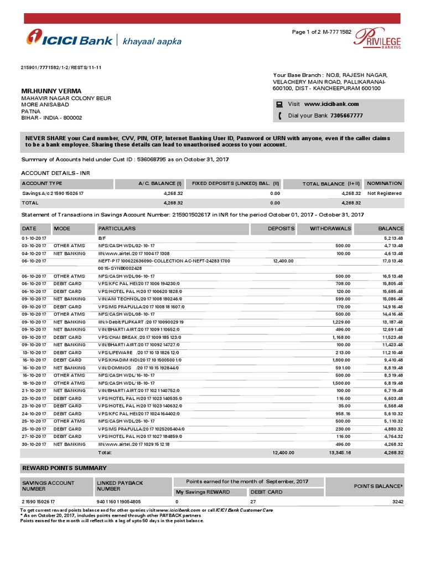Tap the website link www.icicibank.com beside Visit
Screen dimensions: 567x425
[x=331, y=104]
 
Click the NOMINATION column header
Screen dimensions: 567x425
[x=385, y=183]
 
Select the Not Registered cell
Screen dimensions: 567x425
[x=385, y=194]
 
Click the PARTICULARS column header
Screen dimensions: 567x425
[x=117, y=228]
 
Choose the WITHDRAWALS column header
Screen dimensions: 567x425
[x=330, y=228]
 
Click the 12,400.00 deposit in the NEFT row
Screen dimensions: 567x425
[x=283, y=260]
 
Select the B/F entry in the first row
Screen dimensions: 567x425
[x=102, y=238]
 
